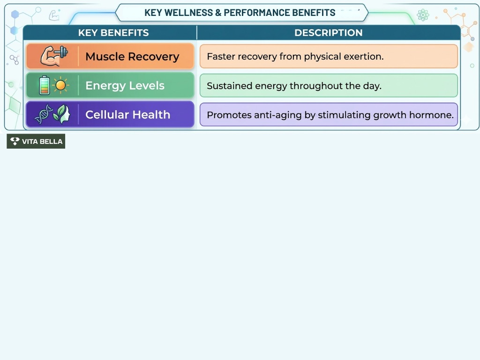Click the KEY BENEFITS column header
click(x=113, y=33)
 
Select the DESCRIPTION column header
click(x=328, y=33)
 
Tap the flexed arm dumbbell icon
click(x=53, y=56)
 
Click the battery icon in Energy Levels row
click(x=44, y=85)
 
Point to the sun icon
click(x=60, y=86)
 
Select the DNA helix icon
click(x=44, y=115)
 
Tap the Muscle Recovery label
click(x=132, y=57)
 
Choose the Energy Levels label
click(x=125, y=86)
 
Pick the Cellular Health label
click(x=127, y=115)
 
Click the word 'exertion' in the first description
click(x=365, y=57)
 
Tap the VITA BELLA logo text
click(x=42, y=142)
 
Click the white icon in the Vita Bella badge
click(x=15, y=141)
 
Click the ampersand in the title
click(x=218, y=13)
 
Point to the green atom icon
click(x=423, y=15)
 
